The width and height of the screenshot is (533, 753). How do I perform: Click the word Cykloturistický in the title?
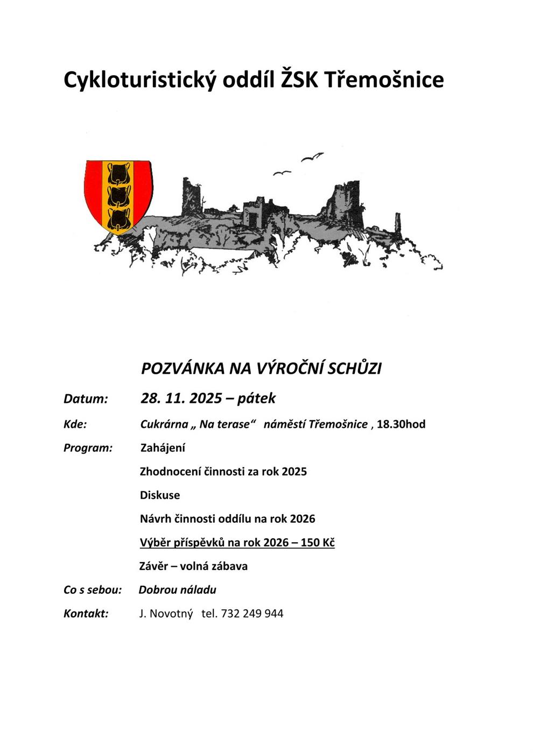tap(139, 80)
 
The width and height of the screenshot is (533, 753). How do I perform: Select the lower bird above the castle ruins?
tap(282, 173)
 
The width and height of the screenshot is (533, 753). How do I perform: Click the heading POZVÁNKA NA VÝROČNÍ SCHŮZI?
tap(261, 368)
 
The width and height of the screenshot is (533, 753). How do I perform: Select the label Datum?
tap(86, 399)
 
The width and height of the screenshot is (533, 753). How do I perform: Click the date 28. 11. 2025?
tap(181, 398)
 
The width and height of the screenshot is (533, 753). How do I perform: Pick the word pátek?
tap(256, 398)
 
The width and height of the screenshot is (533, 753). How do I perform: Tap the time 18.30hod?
tap(401, 424)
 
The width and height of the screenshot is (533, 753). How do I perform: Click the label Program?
tap(88, 447)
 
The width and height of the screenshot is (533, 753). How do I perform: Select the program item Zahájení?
tap(163, 447)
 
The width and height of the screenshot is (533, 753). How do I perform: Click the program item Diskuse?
tap(160, 495)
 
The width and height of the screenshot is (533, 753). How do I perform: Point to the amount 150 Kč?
tap(318, 542)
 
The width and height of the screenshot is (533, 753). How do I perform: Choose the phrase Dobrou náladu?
tap(178, 589)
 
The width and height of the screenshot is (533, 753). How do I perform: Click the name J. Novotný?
tap(166, 613)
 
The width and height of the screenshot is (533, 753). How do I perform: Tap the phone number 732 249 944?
tap(252, 613)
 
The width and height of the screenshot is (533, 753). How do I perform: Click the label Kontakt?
tap(86, 613)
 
